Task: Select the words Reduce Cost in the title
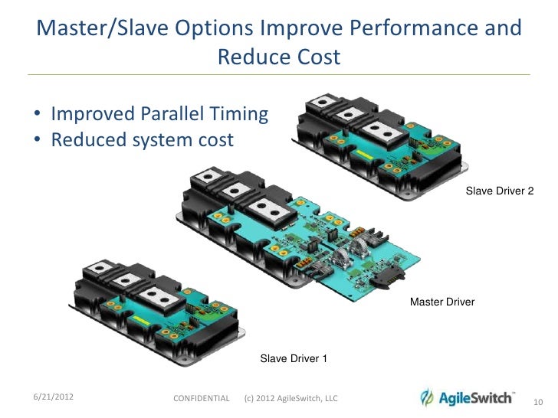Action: coord(278,57)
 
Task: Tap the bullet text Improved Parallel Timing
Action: coord(159,115)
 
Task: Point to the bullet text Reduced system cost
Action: coord(142,141)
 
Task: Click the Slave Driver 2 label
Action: coord(499,191)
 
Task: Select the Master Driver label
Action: coord(442,302)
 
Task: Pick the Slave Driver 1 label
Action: coord(294,358)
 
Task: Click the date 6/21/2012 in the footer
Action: coord(53,397)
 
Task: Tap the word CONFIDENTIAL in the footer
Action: coord(202,399)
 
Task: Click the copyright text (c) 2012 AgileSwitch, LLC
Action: coord(290,399)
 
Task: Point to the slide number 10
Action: coord(537,403)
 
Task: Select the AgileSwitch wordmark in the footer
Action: coord(476,397)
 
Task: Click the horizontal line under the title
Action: coord(279,74)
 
